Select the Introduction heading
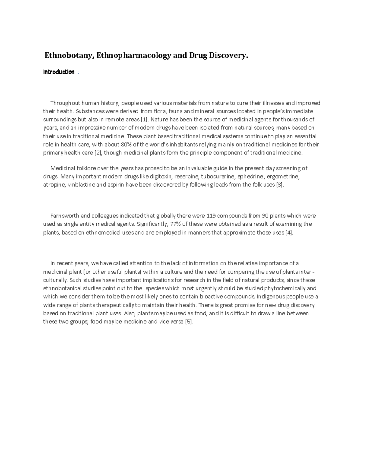[x=59, y=72]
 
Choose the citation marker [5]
[x=189, y=322]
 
